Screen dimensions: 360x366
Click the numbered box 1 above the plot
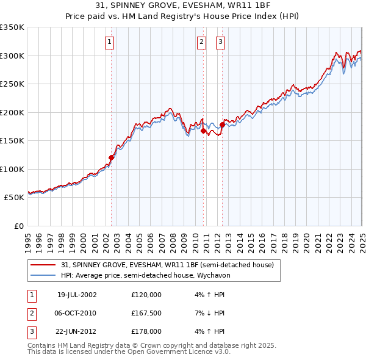[109, 42]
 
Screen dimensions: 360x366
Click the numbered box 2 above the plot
[201, 42]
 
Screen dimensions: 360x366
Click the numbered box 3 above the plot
[220, 42]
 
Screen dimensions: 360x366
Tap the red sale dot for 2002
[111, 157]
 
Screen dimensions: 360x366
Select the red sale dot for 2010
[203, 130]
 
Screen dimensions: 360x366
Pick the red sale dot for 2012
[222, 124]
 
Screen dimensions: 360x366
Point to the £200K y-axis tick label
[13, 112]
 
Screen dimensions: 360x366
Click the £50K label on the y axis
[15, 198]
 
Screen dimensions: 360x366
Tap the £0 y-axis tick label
[19, 226]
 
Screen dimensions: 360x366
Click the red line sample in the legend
[43, 265]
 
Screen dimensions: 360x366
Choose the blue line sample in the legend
[43, 275]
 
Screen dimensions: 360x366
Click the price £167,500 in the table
[146, 313]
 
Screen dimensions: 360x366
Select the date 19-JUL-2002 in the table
[77, 295]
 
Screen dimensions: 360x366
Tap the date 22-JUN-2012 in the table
[77, 331]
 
